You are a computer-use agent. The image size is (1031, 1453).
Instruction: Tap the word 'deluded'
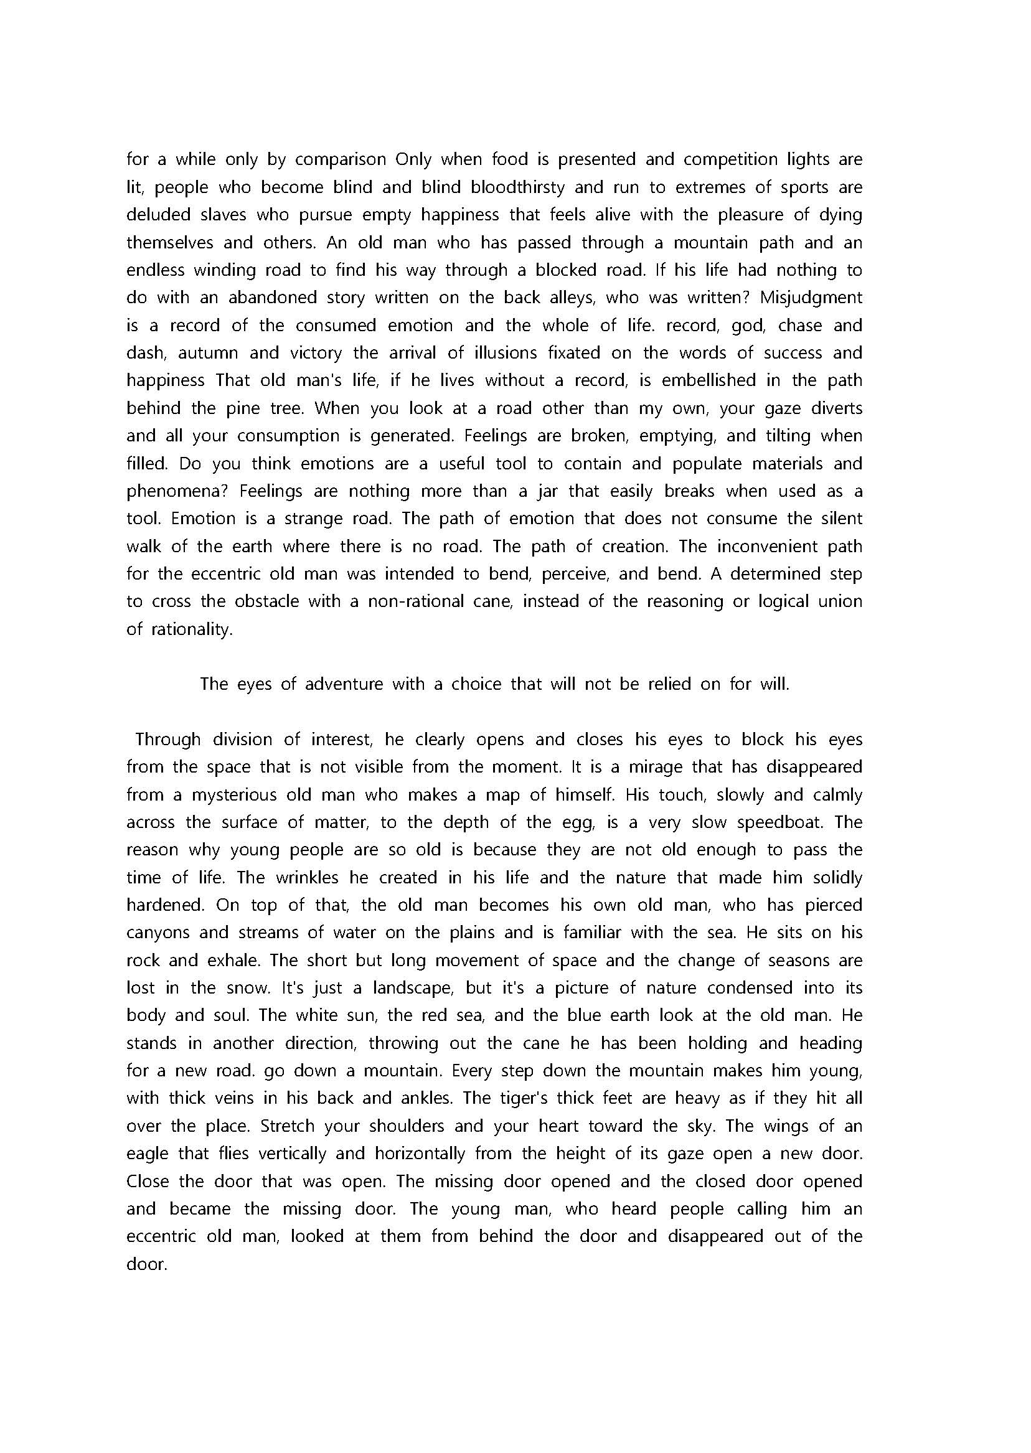155,215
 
